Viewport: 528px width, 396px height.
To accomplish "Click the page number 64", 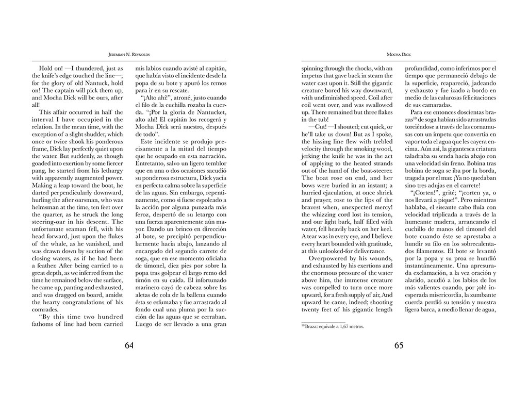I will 129,345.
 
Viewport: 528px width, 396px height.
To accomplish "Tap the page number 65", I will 399,345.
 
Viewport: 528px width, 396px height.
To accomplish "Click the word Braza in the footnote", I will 309,326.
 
